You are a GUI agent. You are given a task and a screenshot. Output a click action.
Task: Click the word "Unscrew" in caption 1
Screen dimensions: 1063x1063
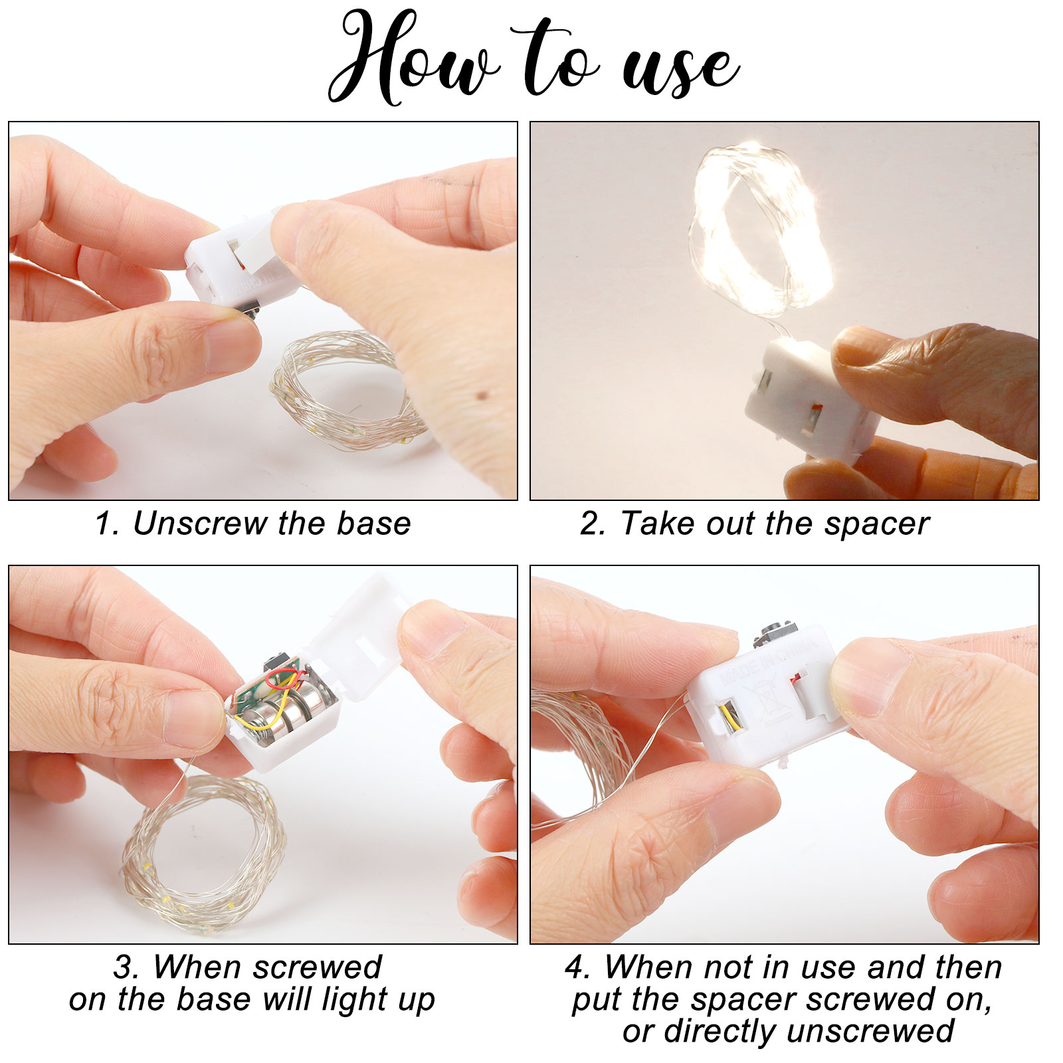[199, 524]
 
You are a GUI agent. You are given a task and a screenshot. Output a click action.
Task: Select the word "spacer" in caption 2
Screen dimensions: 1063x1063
[877, 525]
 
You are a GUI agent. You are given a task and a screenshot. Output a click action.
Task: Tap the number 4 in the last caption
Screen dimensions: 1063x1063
[575, 969]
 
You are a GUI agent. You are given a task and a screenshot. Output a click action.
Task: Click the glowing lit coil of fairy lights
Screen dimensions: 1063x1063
[761, 229]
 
